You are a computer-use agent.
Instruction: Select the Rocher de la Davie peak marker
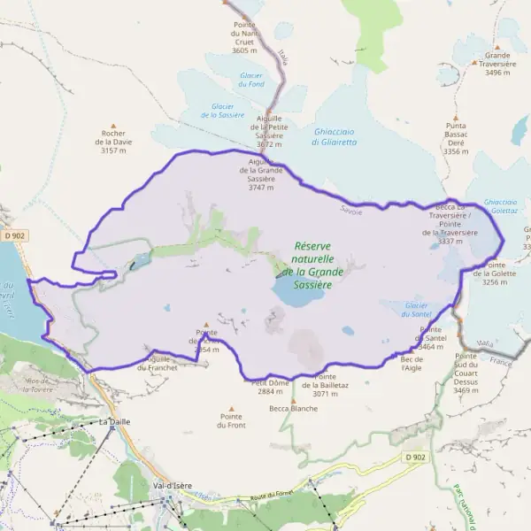point(112,127)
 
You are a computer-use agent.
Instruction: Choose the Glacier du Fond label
point(251,80)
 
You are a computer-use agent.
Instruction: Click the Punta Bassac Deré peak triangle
point(456,118)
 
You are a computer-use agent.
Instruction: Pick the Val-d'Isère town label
point(173,486)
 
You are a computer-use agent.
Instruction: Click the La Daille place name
point(115,422)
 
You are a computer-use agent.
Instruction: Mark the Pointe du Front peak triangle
point(231,409)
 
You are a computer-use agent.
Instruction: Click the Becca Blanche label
point(293,409)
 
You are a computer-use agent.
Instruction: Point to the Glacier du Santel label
point(418,309)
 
